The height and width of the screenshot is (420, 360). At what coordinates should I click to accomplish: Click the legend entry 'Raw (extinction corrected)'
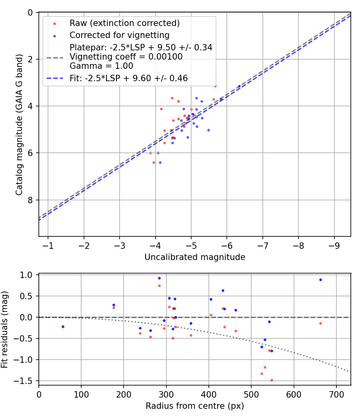[124, 23]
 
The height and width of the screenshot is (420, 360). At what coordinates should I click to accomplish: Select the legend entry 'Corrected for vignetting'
[119, 35]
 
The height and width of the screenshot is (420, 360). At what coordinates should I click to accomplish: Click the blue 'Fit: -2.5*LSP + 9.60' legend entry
[128, 78]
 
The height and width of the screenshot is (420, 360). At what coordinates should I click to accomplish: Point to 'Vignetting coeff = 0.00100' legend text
[126, 57]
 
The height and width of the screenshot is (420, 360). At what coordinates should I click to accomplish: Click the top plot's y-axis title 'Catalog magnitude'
[19, 124]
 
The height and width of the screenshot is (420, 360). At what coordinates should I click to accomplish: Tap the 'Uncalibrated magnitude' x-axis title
[195, 257]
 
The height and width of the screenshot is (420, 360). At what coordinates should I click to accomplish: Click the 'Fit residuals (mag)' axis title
[4, 329]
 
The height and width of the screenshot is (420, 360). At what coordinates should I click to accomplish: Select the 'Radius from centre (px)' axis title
[195, 406]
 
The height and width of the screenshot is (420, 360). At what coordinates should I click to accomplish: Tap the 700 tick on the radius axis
[336, 394]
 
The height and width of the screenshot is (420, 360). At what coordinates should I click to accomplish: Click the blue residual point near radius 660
[320, 280]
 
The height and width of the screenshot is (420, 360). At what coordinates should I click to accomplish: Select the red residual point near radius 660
[320, 323]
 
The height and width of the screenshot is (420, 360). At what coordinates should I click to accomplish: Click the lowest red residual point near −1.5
[272, 380]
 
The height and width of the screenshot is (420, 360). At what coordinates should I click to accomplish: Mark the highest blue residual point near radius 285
[159, 278]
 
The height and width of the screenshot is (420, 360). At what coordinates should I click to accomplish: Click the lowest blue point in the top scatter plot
[160, 162]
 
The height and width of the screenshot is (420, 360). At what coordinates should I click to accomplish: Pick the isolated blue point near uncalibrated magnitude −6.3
[239, 86]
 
